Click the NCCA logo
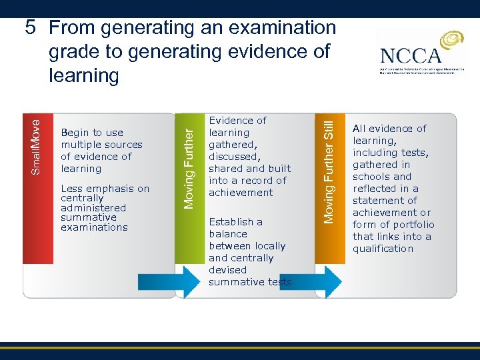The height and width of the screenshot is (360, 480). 421,55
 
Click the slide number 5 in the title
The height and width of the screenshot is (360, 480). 30,28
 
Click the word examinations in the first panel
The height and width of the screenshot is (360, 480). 93,227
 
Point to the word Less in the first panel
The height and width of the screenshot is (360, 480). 71,189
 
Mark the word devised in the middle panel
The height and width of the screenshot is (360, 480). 227,270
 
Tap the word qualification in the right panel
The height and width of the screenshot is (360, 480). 383,249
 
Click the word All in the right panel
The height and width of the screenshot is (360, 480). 359,129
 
